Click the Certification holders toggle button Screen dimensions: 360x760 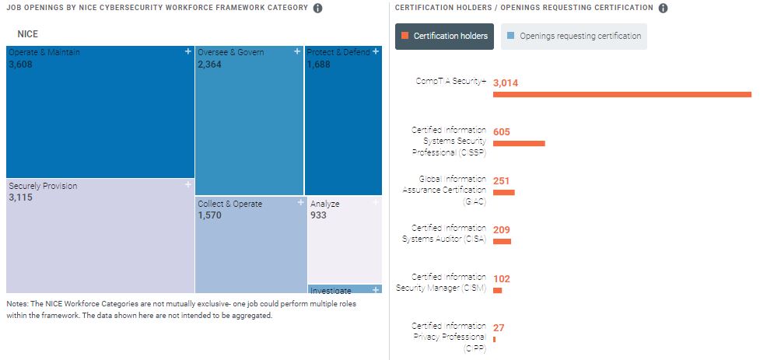[444, 36]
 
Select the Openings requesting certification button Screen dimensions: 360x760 [573, 36]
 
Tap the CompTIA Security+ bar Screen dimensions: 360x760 [622, 95]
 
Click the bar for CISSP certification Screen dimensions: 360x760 [519, 144]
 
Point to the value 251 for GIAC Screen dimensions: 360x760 [502, 181]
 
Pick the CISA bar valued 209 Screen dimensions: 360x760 [502, 241]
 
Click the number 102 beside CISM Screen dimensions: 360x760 [502, 279]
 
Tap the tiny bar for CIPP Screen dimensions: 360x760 [494, 339]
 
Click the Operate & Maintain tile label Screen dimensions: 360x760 [44, 52]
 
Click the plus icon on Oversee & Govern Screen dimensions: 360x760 [297, 51]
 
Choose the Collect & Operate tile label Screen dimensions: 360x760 [229, 204]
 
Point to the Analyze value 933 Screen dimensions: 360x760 [318, 215]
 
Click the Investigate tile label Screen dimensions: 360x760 [331, 291]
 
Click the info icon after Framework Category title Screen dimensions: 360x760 [317, 9]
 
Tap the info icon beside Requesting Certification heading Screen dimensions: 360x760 [663, 9]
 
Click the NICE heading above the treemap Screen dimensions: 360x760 [27, 34]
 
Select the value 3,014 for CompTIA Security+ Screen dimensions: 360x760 [506, 82]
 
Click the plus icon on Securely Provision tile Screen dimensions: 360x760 [188, 185]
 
